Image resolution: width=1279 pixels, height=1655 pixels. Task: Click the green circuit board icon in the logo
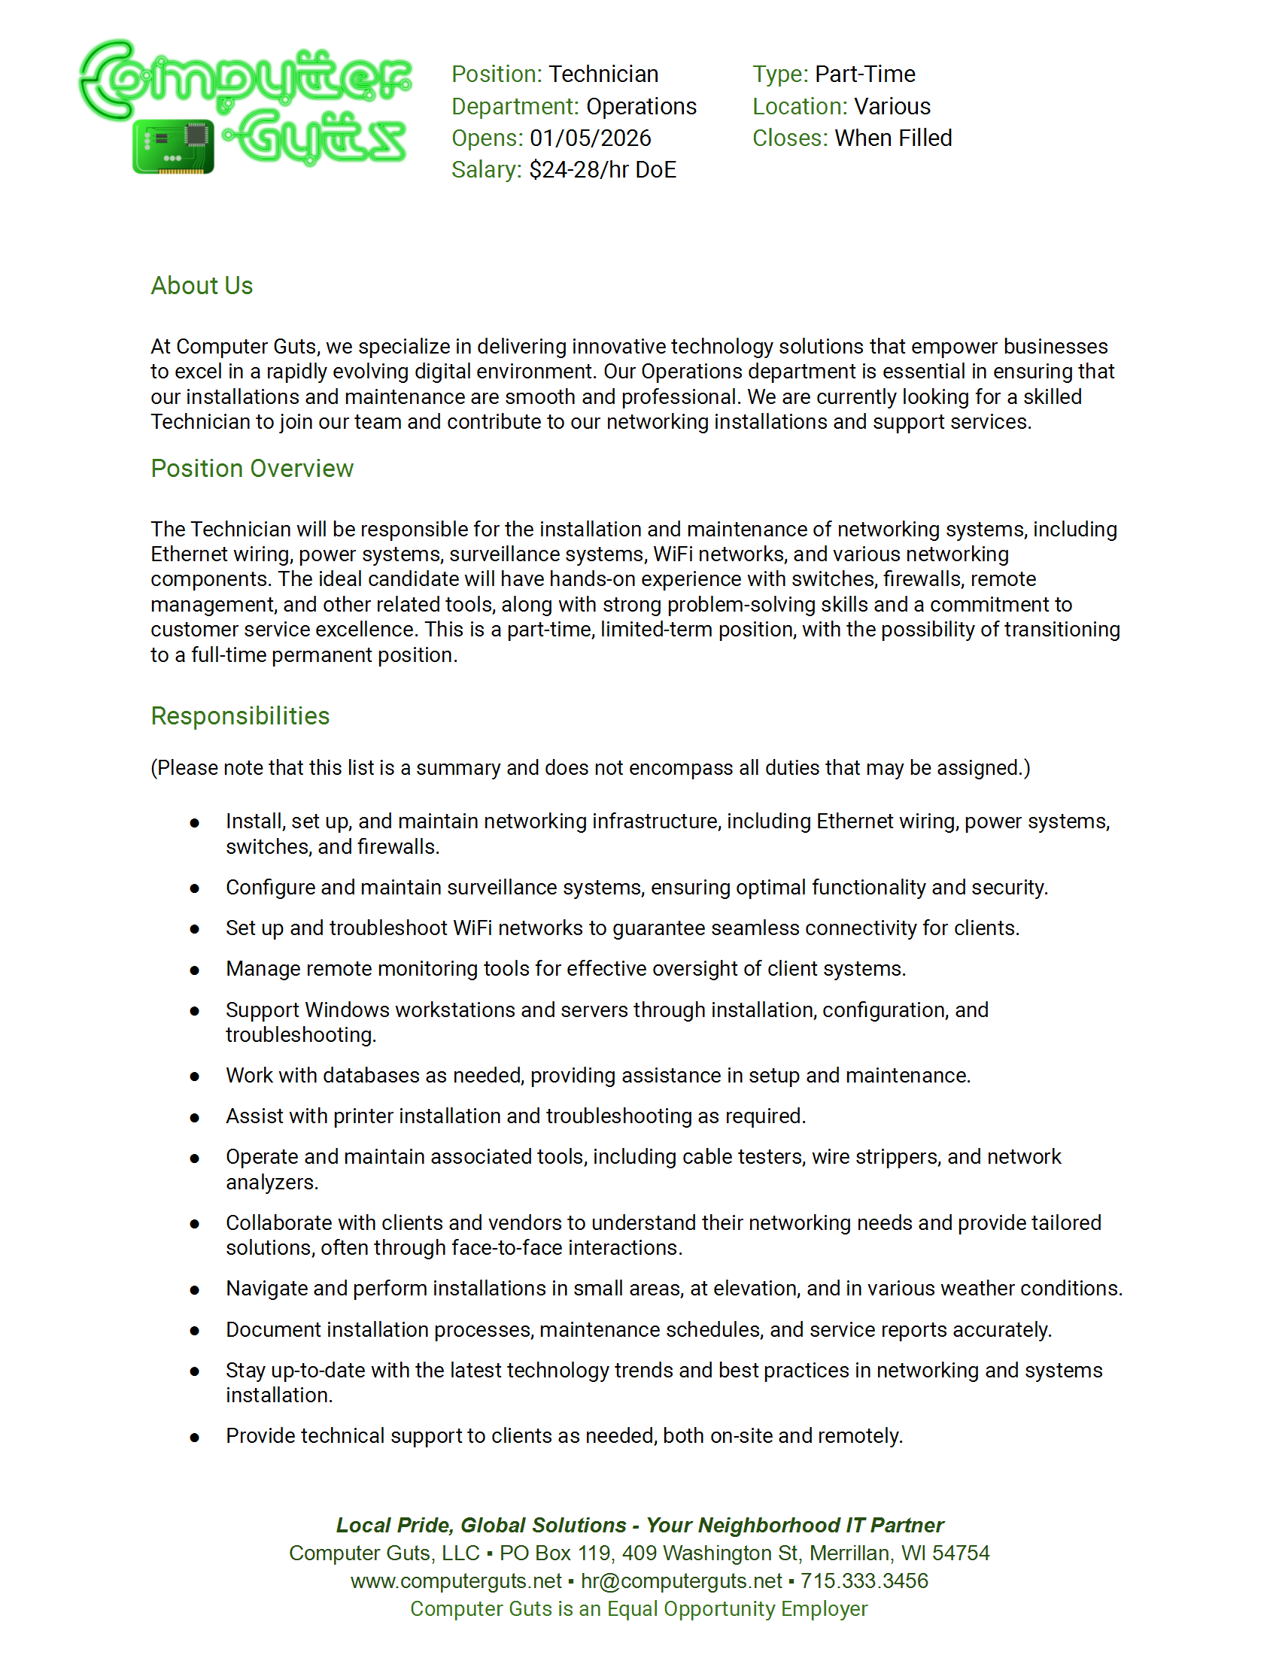coord(173,146)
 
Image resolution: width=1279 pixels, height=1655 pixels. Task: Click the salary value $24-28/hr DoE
coord(603,170)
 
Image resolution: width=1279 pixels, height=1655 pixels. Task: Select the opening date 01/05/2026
coord(591,138)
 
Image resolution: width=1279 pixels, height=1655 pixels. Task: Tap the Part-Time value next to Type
coord(864,74)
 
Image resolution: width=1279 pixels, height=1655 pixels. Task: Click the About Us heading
coord(202,286)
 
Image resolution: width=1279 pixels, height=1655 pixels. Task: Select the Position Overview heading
coord(251,469)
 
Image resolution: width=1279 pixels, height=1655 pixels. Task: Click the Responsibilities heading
coord(240,715)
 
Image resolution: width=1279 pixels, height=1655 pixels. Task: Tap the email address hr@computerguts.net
coord(681,1581)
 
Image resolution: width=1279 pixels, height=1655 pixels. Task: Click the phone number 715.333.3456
coord(864,1581)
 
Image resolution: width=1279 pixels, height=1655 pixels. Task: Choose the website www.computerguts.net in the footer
coord(456,1581)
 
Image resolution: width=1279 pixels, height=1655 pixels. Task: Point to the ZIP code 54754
coord(960,1553)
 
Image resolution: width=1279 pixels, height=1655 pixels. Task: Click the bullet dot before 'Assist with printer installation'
coord(195,1118)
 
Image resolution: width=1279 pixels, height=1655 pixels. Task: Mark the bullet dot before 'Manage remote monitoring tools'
coord(195,970)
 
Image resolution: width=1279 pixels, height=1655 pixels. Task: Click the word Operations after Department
coord(641,106)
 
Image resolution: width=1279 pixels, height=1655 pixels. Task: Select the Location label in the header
coord(798,106)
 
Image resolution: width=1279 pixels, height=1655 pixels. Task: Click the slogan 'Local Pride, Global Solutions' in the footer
coord(482,1525)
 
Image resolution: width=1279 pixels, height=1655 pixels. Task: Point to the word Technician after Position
coord(603,74)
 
